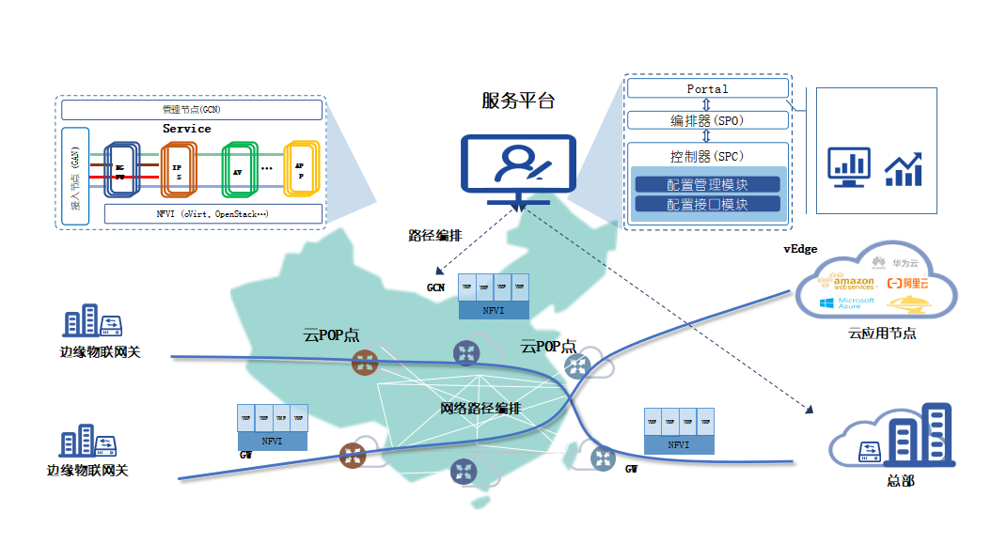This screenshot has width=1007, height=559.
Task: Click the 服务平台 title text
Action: click(518, 101)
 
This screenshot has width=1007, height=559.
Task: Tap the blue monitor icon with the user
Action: click(517, 168)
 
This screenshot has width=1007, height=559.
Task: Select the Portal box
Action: click(707, 88)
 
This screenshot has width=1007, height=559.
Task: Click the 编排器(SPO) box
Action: click(707, 120)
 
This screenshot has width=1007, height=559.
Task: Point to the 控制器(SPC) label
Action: click(707, 156)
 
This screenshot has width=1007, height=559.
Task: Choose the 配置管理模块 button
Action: click(707, 184)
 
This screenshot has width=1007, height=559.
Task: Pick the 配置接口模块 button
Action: click(707, 203)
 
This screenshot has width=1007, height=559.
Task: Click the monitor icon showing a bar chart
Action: click(848, 166)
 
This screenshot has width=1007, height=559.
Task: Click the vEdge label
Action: click(800, 249)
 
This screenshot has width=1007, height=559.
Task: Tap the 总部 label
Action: click(900, 481)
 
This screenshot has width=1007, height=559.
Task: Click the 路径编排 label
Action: click(434, 236)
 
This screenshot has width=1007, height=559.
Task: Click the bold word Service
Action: click(187, 129)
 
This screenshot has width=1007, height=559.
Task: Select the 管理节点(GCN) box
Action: click(193, 109)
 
